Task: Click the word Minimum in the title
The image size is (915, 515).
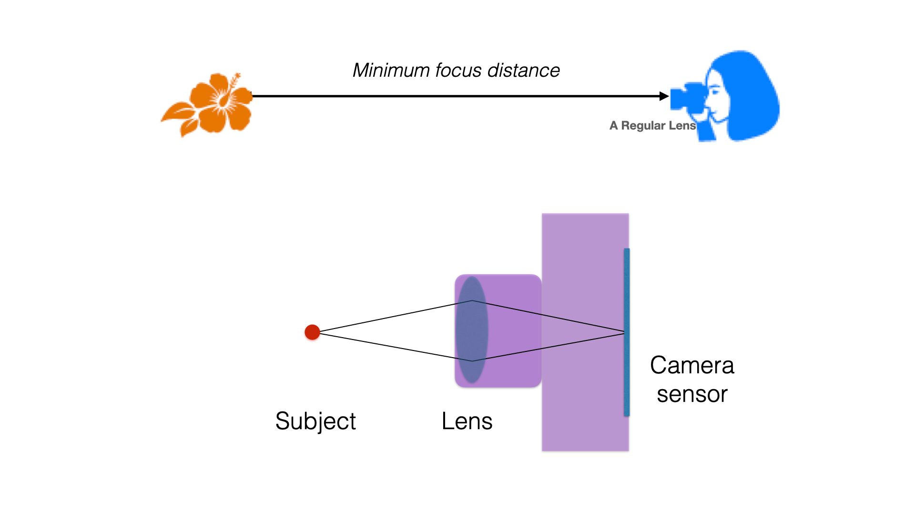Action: click(391, 71)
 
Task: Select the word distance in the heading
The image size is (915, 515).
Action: click(523, 71)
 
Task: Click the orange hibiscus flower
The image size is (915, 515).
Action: click(219, 103)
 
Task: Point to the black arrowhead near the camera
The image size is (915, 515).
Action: click(664, 96)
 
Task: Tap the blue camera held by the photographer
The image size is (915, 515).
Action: click(686, 98)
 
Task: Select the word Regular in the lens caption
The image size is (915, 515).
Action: click(643, 125)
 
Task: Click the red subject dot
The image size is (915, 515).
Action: click(312, 332)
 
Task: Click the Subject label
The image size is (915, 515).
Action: click(315, 421)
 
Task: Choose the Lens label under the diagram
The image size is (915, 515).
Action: click(467, 421)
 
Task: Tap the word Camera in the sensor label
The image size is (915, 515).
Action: click(692, 366)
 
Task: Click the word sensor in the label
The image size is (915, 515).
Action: click(692, 394)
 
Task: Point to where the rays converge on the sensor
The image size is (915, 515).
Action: click(624, 332)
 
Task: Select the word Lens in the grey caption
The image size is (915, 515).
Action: click(682, 125)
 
